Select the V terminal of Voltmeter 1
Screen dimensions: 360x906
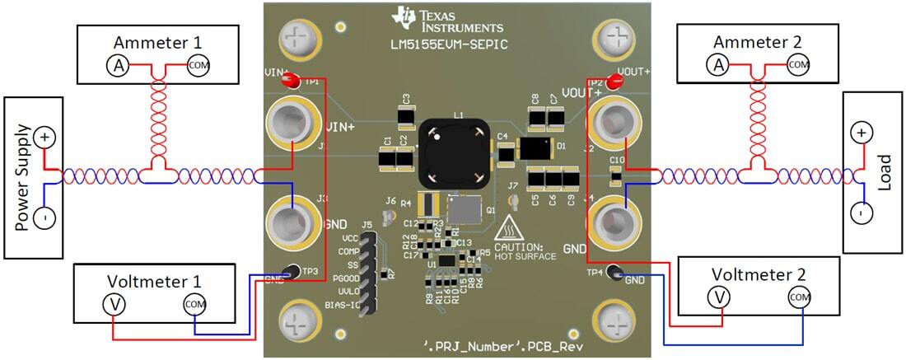[x=113, y=304]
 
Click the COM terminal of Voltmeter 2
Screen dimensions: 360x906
[x=797, y=297]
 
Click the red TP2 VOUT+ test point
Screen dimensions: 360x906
[x=613, y=81]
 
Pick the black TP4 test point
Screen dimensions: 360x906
[x=614, y=274]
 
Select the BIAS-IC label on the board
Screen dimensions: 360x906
[x=342, y=306]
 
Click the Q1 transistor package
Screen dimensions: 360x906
[x=463, y=211]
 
